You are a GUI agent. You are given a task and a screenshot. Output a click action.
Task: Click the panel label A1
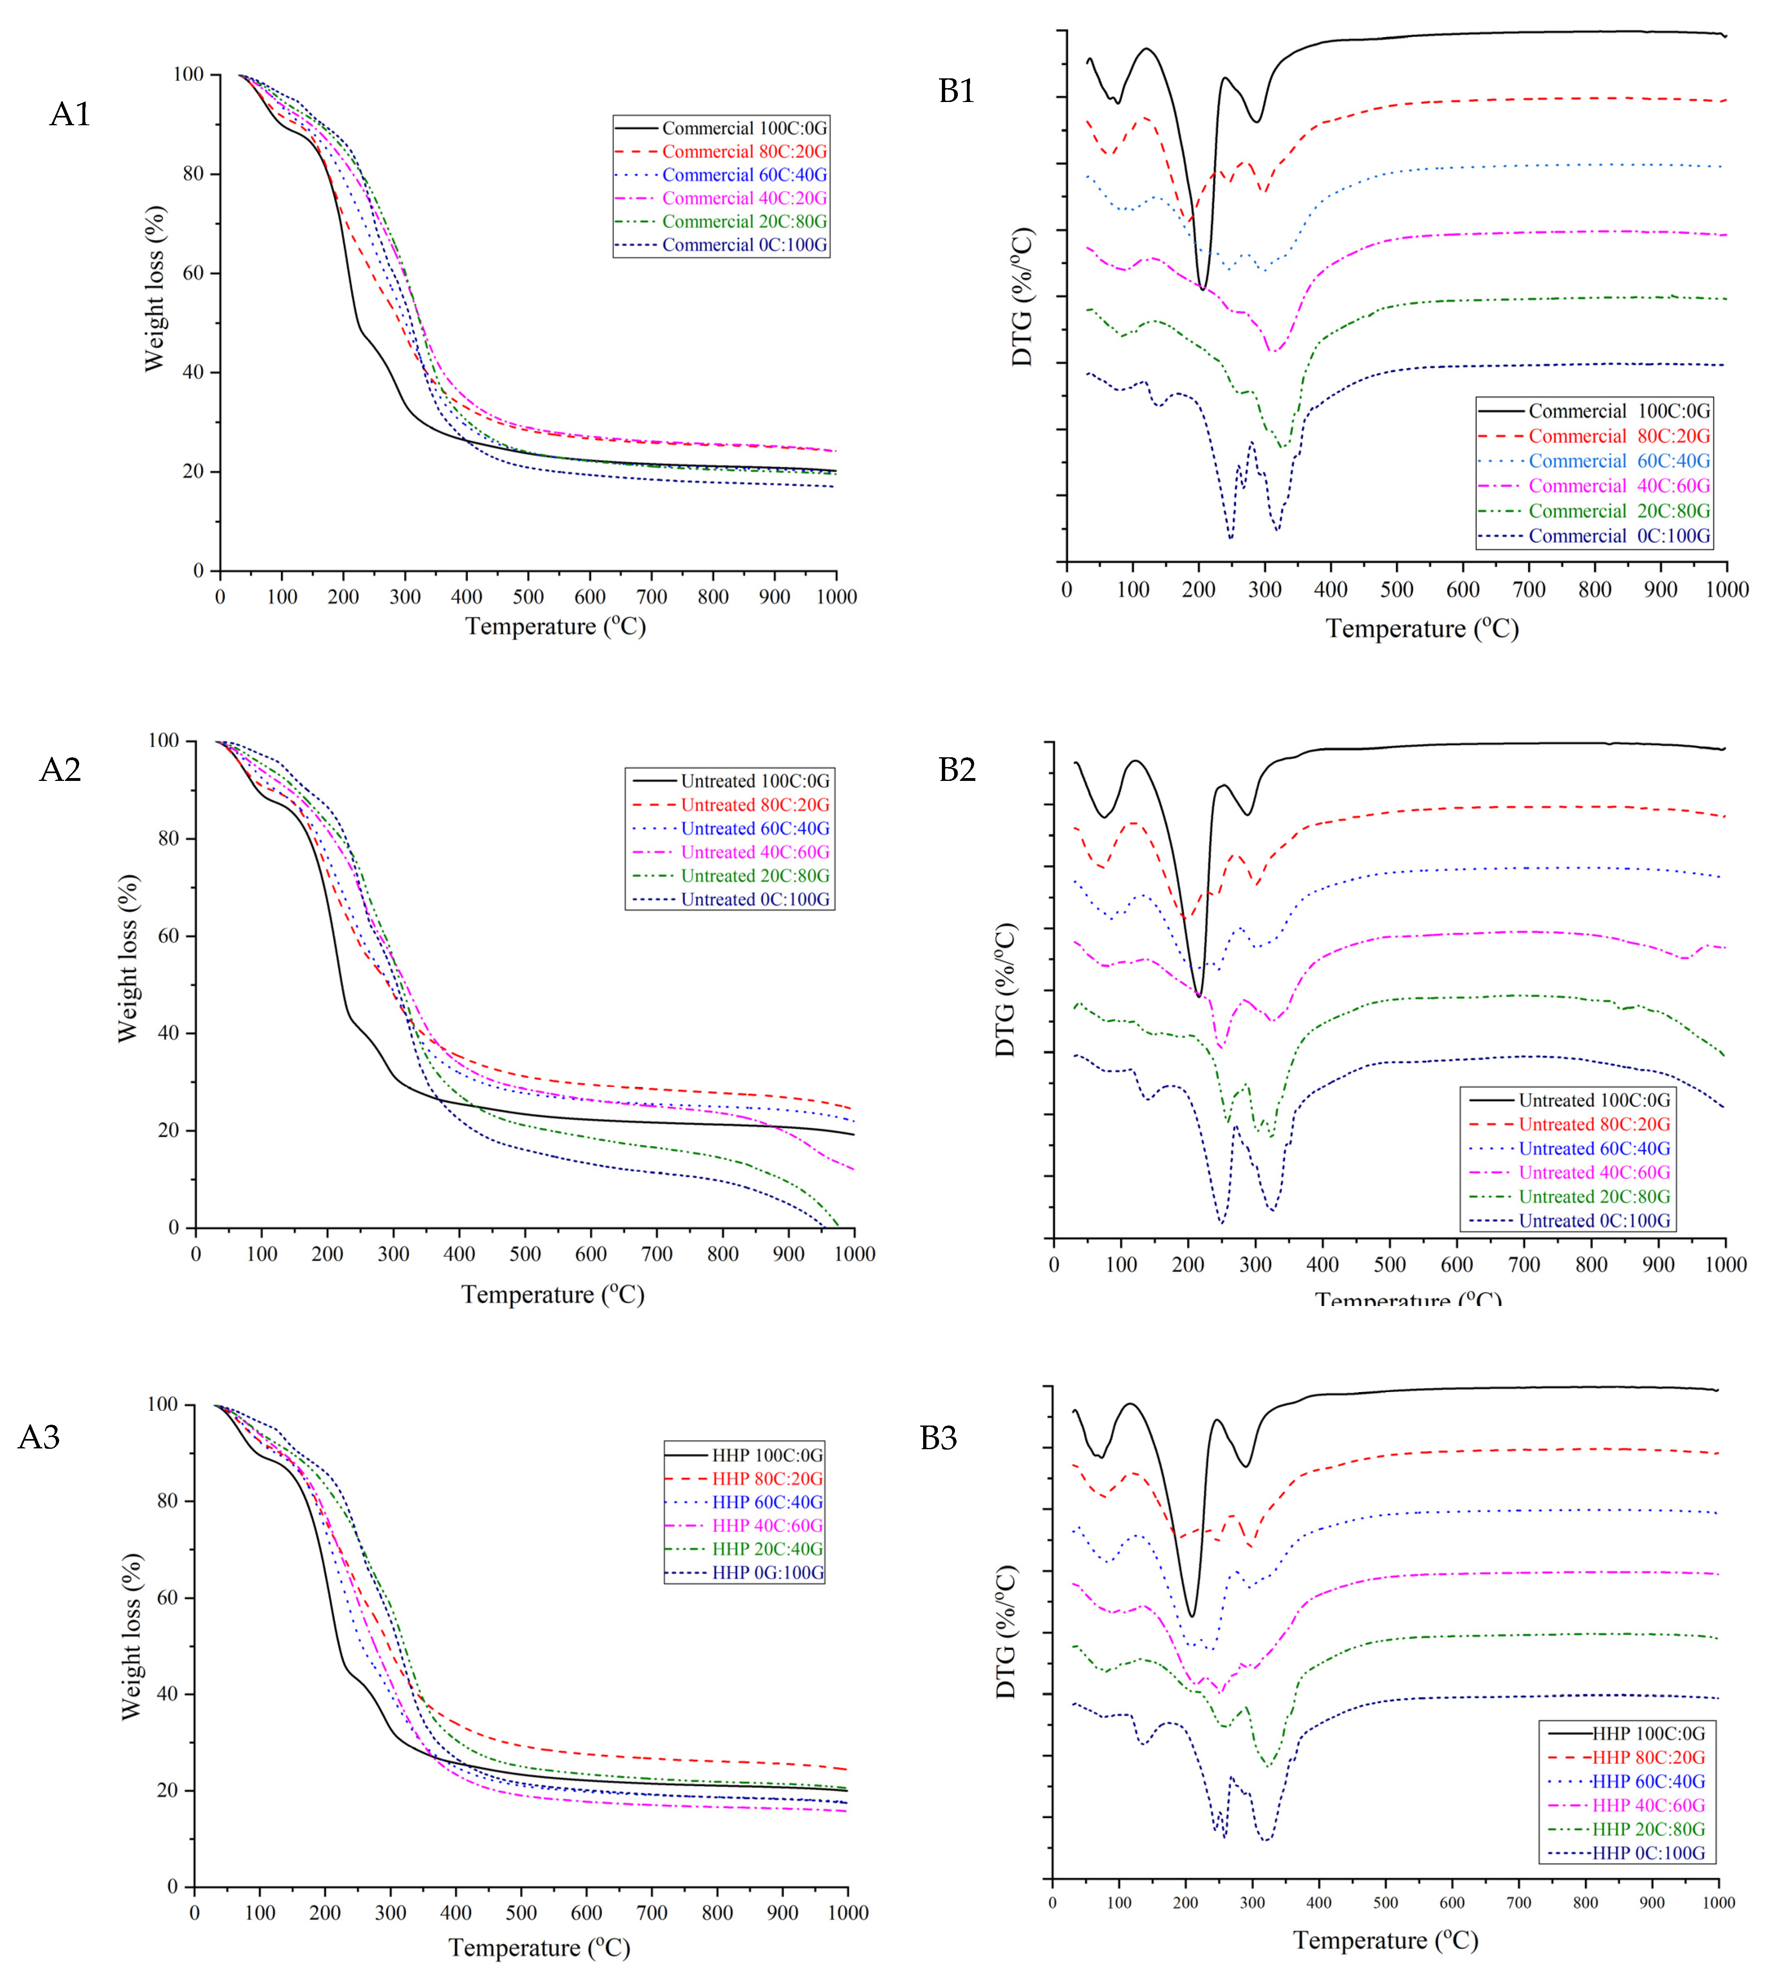pyautogui.click(x=71, y=115)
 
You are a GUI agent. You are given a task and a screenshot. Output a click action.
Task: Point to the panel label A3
pyautogui.click(x=39, y=1437)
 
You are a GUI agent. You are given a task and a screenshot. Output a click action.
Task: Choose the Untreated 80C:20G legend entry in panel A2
pyautogui.click(x=755, y=805)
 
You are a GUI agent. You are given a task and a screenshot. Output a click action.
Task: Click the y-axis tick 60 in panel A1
pyautogui.click(x=193, y=273)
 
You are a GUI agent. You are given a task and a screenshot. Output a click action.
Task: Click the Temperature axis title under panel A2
pyautogui.click(x=553, y=1295)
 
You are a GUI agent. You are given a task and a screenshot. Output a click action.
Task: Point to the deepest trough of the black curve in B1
pyautogui.click(x=1203, y=289)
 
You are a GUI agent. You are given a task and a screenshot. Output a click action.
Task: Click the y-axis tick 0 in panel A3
pyautogui.click(x=173, y=1886)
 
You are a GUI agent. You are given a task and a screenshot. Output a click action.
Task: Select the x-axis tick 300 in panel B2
pyautogui.click(x=1256, y=1264)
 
